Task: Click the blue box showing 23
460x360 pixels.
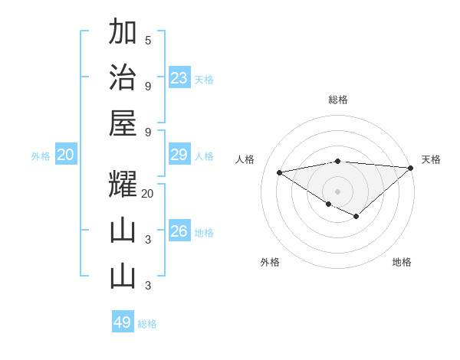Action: pyautogui.click(x=179, y=78)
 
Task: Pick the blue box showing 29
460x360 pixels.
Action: pyautogui.click(x=179, y=155)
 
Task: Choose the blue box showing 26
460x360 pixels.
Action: pyautogui.click(x=179, y=231)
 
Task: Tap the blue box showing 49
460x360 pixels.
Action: pyautogui.click(x=123, y=322)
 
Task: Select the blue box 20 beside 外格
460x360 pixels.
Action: pyautogui.click(x=66, y=155)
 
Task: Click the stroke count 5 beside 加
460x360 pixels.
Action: pyautogui.click(x=148, y=41)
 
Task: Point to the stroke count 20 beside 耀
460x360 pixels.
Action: pyautogui.click(x=148, y=194)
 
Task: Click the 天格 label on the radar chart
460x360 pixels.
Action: pyautogui.click(x=431, y=159)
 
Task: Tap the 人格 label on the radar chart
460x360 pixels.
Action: pyautogui.click(x=245, y=159)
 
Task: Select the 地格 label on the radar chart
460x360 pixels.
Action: pyautogui.click(x=402, y=263)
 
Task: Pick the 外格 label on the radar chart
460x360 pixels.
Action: pyautogui.click(x=270, y=263)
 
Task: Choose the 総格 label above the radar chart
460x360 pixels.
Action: pyautogui.click(x=337, y=100)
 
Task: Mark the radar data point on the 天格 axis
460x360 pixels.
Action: pyautogui.click(x=410, y=167)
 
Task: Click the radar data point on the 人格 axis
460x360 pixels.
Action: pyautogui.click(x=280, y=172)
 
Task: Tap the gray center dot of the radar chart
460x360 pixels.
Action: pyautogui.click(x=337, y=191)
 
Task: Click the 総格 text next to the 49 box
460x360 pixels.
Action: pyautogui.click(x=147, y=324)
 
